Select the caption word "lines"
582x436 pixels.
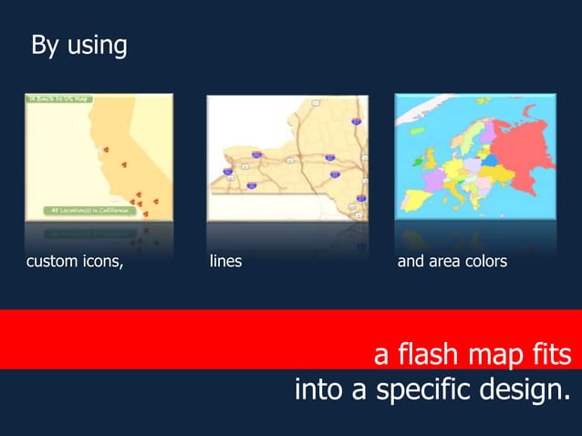click(225, 263)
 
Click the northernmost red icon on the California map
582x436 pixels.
click(106, 149)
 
